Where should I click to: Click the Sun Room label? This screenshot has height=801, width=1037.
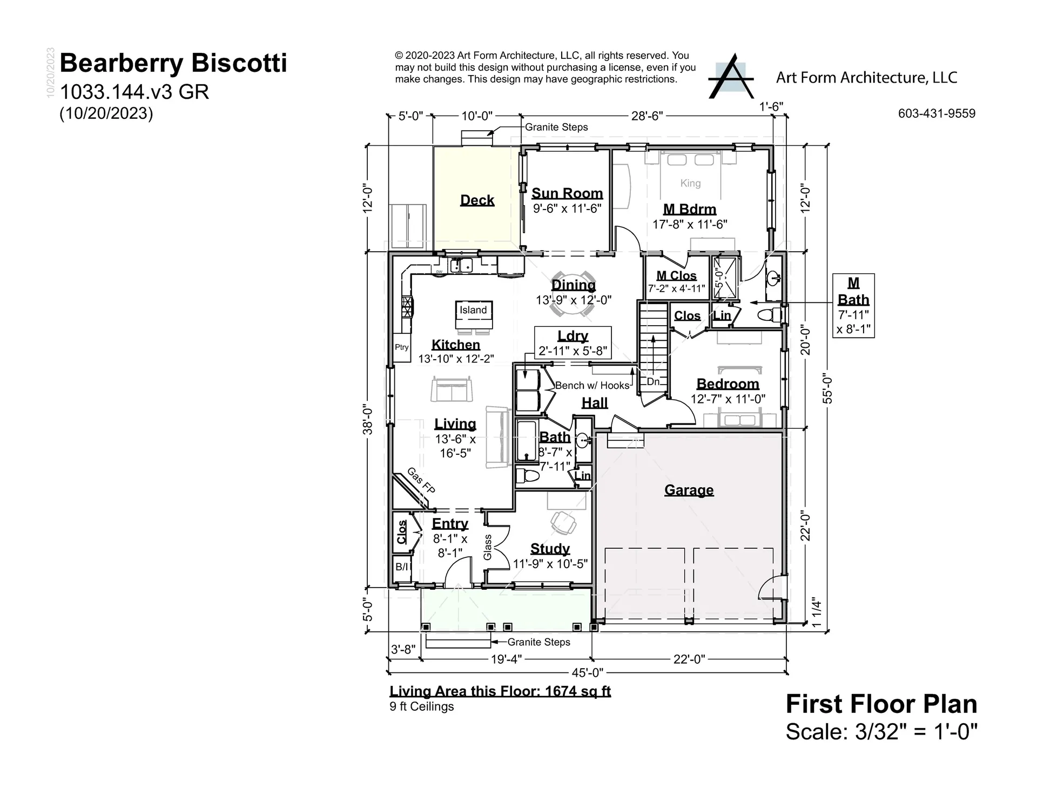click(567, 193)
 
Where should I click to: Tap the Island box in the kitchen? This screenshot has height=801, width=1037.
click(473, 310)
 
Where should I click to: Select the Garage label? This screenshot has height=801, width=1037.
click(689, 490)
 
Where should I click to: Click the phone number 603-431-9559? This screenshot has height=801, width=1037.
click(937, 113)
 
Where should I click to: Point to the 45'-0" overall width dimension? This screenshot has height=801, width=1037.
click(587, 672)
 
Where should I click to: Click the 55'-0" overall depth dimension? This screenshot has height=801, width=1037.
click(827, 389)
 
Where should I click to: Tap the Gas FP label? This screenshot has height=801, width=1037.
click(421, 480)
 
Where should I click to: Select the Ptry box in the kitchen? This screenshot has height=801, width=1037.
click(401, 347)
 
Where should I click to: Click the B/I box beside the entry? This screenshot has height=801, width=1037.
click(402, 567)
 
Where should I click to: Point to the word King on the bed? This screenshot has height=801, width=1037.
click(690, 183)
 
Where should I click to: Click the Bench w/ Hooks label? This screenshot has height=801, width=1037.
click(592, 385)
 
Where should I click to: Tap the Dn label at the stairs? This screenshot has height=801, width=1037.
click(653, 381)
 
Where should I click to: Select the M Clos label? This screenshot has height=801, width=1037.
click(676, 275)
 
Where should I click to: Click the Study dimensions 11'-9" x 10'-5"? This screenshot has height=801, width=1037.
click(550, 564)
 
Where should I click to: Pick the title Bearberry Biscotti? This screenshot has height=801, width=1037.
click(173, 63)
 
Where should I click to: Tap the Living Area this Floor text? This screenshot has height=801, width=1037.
click(500, 691)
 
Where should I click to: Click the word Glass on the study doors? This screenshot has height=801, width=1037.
click(488, 547)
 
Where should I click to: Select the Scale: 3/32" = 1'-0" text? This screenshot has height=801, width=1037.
click(881, 732)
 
